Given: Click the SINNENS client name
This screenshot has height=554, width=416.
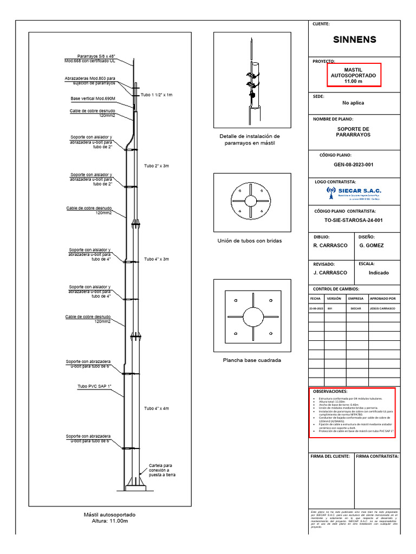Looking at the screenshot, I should [354, 39].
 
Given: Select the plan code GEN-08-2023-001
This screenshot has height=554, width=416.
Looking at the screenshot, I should [354, 164].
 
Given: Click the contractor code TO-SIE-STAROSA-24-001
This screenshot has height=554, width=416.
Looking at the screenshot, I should [354, 220].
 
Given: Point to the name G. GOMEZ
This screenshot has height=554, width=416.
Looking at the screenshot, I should [371, 246].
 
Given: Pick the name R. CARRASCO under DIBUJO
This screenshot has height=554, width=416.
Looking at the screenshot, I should [330, 246].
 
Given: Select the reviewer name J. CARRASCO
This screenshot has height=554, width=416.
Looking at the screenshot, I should [330, 273].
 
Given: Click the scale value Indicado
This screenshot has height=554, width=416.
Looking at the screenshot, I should [379, 273].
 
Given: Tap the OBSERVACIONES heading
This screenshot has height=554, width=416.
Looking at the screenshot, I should [330, 391].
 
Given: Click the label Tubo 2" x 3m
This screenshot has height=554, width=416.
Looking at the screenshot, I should [156, 166].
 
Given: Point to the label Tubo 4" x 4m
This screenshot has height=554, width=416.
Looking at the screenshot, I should [156, 408].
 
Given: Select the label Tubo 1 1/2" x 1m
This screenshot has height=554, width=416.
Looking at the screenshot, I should [157, 95].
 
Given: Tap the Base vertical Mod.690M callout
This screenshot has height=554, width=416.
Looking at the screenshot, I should [93, 99].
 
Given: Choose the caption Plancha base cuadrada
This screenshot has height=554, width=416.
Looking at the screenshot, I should [252, 360].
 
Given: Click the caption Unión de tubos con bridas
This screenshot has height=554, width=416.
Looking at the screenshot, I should [250, 241].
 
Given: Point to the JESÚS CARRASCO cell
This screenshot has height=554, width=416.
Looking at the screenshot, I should [382, 308].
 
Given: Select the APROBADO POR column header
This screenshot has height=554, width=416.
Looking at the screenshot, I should [382, 298].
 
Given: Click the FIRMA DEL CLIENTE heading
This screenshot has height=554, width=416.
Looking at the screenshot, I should [330, 457].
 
